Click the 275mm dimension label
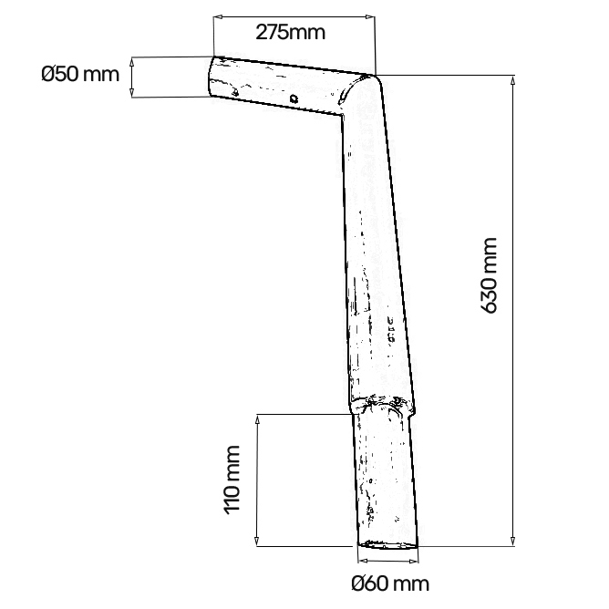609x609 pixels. pyautogui.click(x=291, y=33)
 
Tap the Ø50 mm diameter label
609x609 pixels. pyautogui.click(x=80, y=74)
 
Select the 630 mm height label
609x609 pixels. pyautogui.click(x=490, y=274)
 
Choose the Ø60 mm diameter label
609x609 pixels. pyautogui.click(x=388, y=583)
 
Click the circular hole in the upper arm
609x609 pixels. pyautogui.click(x=294, y=99)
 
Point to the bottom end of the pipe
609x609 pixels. pyautogui.click(x=390, y=544)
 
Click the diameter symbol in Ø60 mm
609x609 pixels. pyautogui.click(x=357, y=583)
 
